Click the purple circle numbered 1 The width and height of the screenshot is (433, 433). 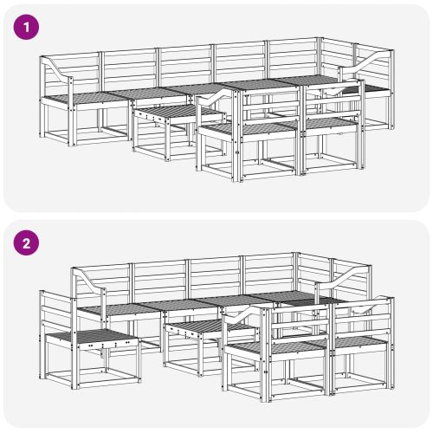[28, 27]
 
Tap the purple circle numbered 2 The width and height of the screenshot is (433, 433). [28, 244]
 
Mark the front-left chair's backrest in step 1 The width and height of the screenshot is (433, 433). [220, 104]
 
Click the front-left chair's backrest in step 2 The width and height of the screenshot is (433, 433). [247, 322]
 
